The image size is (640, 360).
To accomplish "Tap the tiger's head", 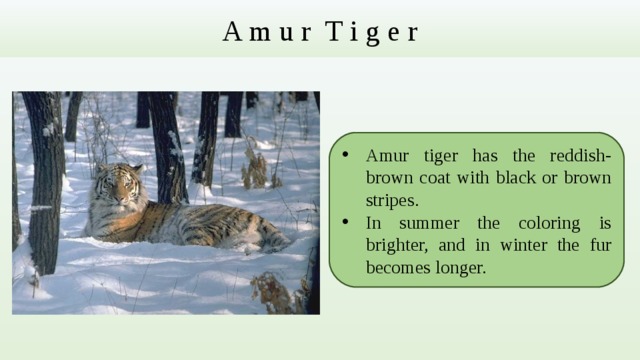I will point(120,187).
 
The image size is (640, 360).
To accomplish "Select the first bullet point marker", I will point(343,155).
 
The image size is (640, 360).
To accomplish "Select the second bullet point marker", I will point(343,222).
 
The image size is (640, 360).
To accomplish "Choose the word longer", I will point(456,267).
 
